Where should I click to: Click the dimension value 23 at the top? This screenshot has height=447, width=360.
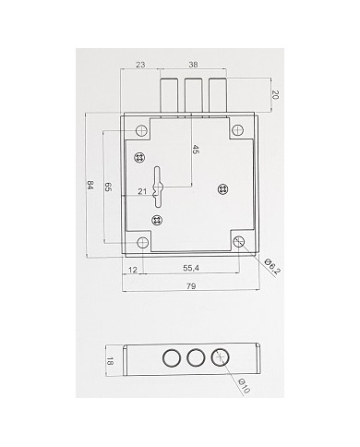(140, 66)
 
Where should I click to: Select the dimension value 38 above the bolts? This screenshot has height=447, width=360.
(193, 66)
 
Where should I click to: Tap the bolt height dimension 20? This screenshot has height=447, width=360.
(276, 94)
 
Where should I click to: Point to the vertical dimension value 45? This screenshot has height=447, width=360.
(195, 150)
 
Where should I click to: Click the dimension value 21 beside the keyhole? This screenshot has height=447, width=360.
(143, 191)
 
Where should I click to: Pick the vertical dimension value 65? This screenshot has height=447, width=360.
(109, 187)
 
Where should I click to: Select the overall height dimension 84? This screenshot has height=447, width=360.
(90, 185)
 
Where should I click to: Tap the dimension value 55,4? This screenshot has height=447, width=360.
(191, 268)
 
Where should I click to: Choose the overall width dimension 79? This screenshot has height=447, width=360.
(191, 286)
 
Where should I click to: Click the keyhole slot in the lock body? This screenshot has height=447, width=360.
(160, 183)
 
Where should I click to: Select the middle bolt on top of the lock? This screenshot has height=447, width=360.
(193, 94)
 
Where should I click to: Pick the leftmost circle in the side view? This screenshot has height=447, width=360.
(171, 358)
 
